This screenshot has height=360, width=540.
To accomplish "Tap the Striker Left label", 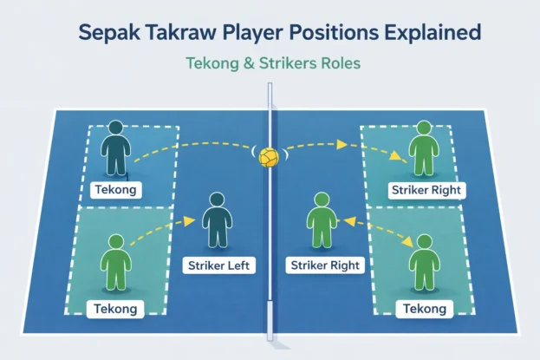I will tap(220, 265).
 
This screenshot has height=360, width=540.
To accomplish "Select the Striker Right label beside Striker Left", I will tap(322, 265).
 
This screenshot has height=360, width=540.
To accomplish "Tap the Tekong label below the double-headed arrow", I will tap(424, 308).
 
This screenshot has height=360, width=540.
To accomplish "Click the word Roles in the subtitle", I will tap(332, 63).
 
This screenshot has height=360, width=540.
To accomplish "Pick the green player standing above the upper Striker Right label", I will tap(423, 149).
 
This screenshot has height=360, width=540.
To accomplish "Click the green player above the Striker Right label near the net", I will tap(322, 224).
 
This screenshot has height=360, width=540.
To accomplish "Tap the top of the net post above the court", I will tap(270, 87).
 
